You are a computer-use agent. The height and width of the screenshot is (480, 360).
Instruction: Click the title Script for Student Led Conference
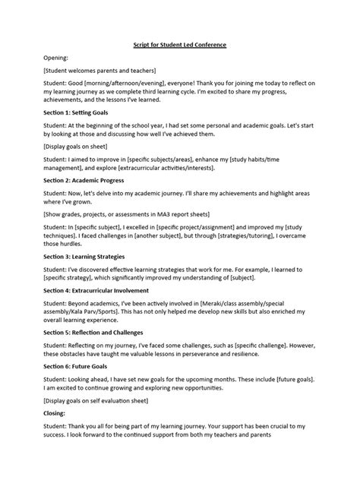point(180,45)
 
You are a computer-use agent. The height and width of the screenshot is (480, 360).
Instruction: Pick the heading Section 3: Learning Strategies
point(88,256)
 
